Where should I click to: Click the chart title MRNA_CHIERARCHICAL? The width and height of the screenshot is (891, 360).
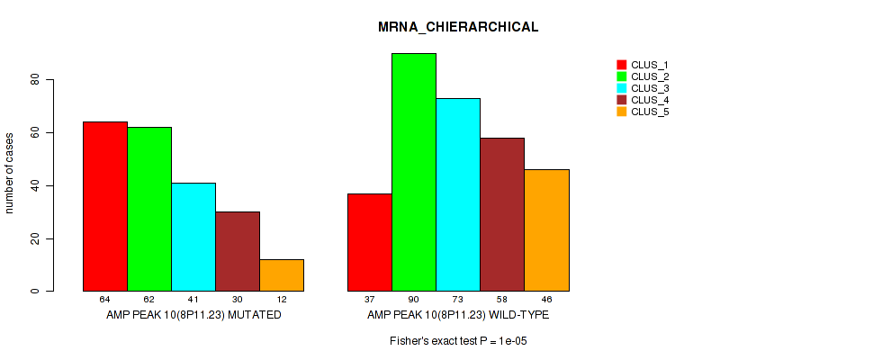458,27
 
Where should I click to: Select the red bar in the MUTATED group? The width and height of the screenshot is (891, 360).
105,206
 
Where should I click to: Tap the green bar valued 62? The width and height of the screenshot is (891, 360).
149,209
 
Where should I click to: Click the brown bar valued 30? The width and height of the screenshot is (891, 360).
238,251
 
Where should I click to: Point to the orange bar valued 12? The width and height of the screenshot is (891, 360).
282,275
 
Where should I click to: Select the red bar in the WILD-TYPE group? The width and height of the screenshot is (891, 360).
370,242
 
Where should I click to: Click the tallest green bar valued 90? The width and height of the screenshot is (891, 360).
414,172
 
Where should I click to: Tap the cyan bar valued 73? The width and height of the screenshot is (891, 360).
458,194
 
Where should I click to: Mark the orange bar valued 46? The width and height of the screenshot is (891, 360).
546,230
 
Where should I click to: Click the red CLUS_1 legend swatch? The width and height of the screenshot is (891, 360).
621,65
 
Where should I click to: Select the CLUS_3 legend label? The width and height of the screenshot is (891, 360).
650,88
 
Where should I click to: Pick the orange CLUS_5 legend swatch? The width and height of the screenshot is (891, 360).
621,112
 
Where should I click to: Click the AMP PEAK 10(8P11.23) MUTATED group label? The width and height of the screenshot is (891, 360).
193,315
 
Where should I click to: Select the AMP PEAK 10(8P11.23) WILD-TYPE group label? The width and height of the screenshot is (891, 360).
458,315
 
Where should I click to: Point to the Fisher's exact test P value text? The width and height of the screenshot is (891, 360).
458,342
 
